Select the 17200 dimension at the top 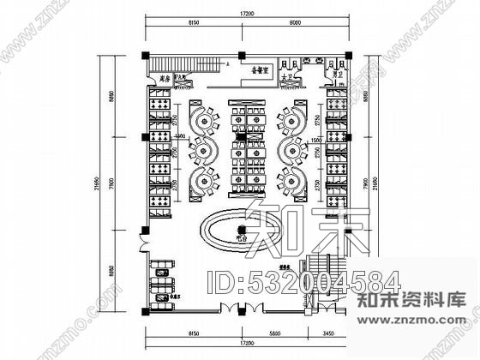[x=247, y=15]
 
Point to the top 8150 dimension [x=195, y=27]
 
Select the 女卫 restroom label [x=289, y=76]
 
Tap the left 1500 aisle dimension [x=179, y=135]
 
